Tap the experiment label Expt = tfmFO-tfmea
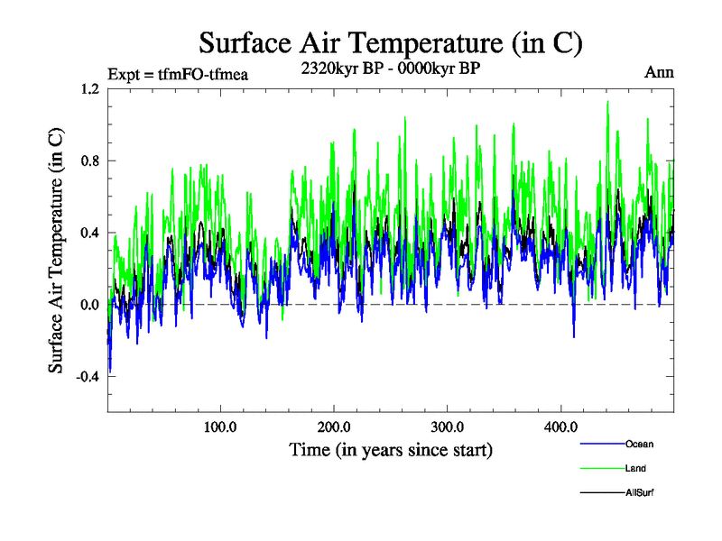coord(177,74)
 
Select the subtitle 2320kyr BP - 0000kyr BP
coord(390,67)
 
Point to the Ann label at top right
coord(660,72)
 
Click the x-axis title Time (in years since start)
coord(390,449)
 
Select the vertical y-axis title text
coord(56,251)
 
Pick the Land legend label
coord(635,468)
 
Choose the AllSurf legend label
coord(639,492)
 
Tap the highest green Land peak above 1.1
coord(607,102)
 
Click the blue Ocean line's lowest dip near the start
coord(110,371)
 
